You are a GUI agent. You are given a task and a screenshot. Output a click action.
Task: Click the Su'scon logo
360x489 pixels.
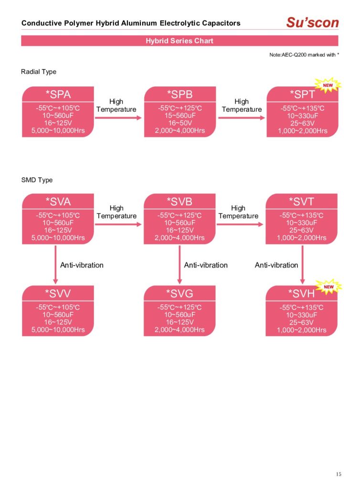pos(313,22)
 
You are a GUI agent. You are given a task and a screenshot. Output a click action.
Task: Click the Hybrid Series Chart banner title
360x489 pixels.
pos(180,41)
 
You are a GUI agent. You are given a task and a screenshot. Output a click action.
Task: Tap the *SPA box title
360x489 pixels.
pos(58,94)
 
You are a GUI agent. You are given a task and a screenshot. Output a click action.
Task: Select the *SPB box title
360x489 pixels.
pos(180,94)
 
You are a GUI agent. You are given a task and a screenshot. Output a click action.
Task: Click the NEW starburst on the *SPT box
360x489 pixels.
pos(328,85)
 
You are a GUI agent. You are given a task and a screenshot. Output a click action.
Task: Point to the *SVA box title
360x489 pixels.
pos(58,201)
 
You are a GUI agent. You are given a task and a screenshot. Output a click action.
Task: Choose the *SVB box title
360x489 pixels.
pos(180,201)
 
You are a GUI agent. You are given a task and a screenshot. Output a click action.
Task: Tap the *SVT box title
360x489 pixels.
pos(302,201)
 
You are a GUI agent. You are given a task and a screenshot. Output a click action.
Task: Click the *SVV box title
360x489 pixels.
pos(58,293)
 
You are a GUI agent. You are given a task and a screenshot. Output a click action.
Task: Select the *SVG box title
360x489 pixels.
pos(180,293)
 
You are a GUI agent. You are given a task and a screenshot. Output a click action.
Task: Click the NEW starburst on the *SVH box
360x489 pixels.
pos(328,287)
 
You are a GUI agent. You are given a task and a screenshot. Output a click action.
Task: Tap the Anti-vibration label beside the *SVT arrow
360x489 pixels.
pos(276,265)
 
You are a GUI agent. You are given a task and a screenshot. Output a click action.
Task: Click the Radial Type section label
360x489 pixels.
pos(39,72)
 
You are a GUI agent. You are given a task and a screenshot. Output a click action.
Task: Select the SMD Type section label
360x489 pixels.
pos(37,180)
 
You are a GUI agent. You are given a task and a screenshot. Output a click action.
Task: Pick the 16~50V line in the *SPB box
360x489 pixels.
pos(180,123)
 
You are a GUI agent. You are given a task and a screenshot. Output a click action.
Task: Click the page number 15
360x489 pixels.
pos(339,474)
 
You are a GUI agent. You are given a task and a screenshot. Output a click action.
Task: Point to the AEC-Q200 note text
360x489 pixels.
pos(304,55)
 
